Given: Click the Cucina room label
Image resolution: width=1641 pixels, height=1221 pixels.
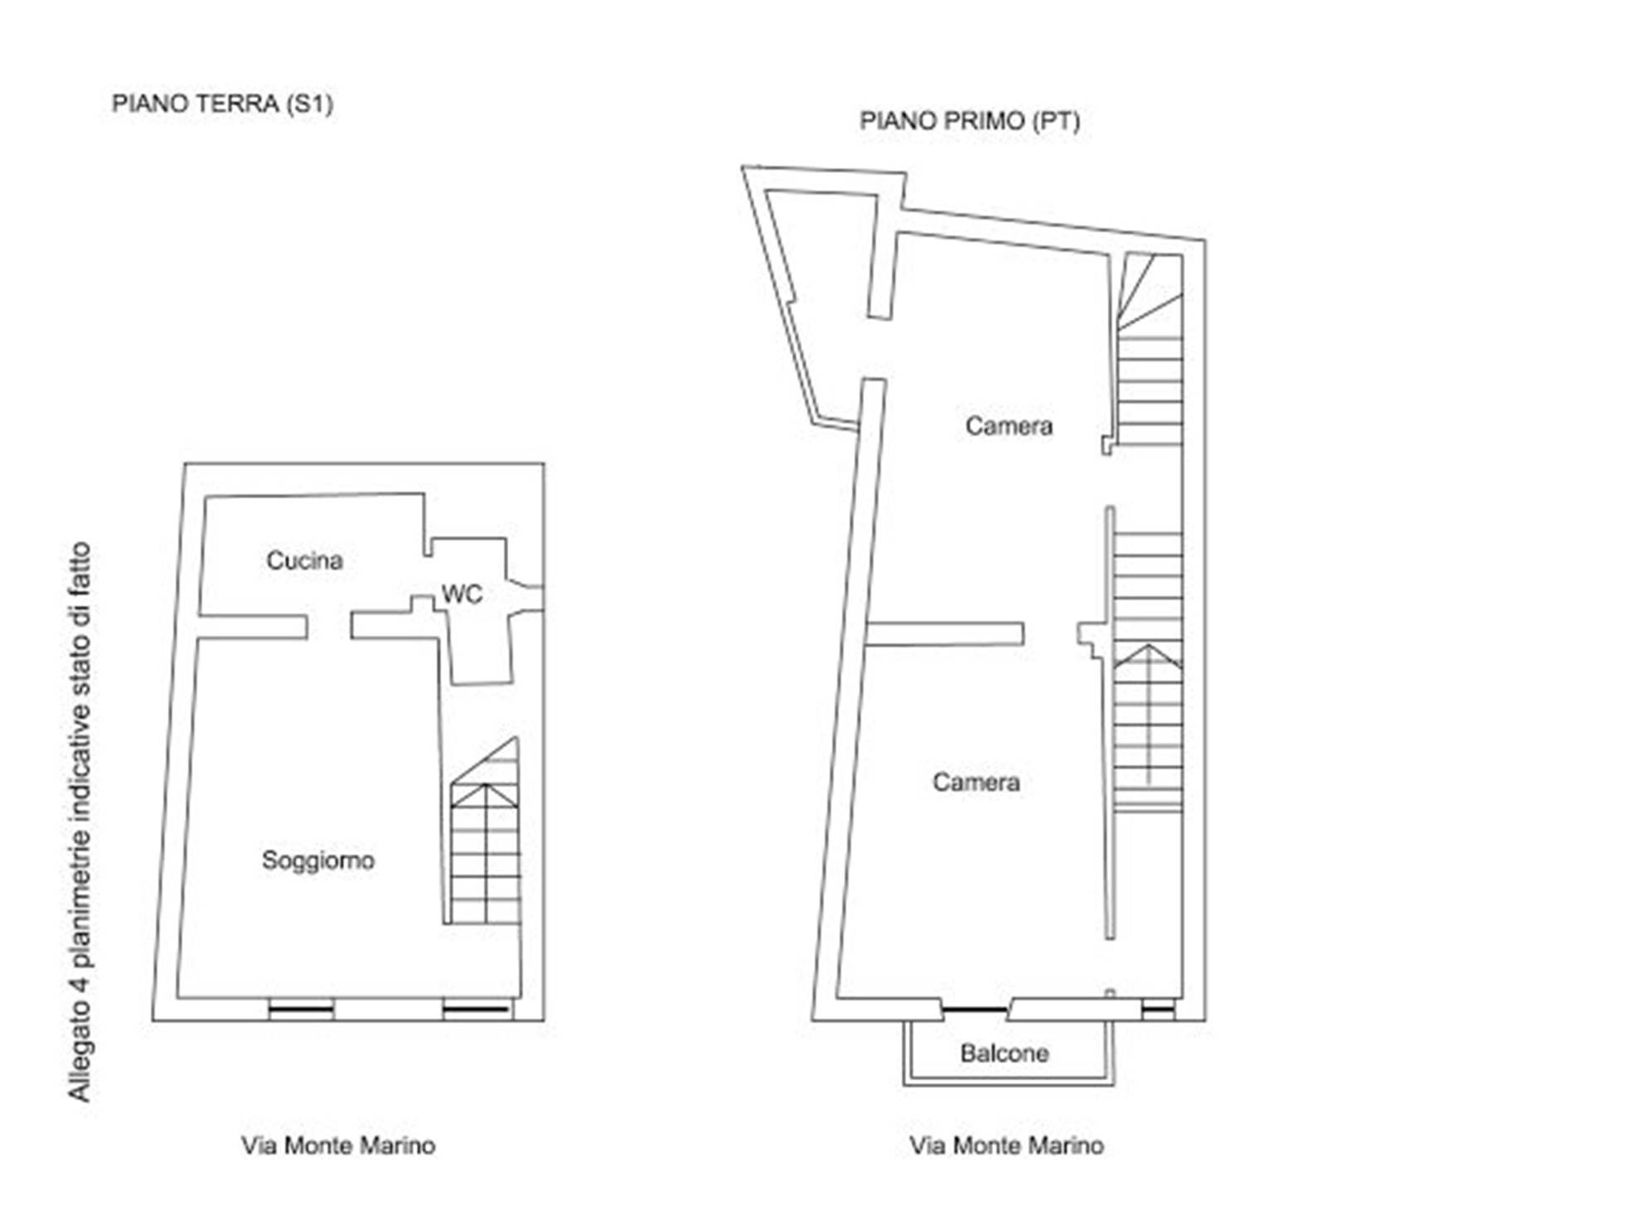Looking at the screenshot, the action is (304, 561).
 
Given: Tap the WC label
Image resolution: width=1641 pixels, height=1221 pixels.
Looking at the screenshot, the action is (462, 594).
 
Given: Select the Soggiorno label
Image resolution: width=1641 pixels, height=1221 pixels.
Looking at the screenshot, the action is (318, 861).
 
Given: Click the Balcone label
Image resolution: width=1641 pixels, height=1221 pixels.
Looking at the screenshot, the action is (1004, 1054).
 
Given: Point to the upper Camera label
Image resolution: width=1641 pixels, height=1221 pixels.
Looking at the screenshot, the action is (1009, 426).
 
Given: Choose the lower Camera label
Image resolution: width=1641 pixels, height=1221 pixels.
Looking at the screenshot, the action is (976, 783).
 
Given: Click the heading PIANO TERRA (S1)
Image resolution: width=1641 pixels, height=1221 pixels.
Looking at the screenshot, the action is (222, 104).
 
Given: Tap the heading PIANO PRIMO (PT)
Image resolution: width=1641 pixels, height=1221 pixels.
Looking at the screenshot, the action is (970, 122).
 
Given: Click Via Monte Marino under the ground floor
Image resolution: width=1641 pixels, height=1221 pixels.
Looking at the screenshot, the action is (338, 1146).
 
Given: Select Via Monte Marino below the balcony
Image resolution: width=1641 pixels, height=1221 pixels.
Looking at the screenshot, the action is (1007, 1146).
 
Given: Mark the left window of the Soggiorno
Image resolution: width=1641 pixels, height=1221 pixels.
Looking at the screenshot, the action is (301, 1009).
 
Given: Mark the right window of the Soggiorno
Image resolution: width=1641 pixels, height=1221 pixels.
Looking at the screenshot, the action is (476, 1009).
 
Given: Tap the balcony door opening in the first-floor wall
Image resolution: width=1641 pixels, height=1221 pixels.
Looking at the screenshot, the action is (975, 1009).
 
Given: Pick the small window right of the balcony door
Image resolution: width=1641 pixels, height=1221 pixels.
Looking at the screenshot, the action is (1158, 1009).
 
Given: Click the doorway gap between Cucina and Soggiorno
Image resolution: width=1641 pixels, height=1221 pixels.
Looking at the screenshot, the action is (329, 627).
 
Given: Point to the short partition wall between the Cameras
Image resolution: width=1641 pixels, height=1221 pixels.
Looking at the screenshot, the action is (945, 634).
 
